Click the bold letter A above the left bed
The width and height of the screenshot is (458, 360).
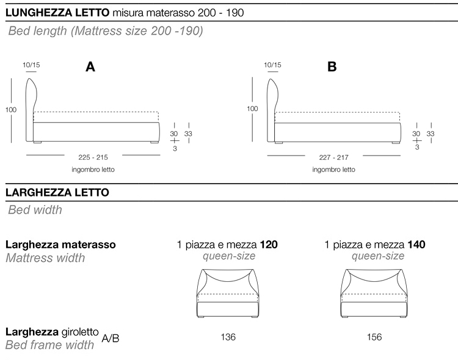[x=90, y=67]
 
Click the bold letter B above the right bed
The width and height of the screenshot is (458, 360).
[x=332, y=67]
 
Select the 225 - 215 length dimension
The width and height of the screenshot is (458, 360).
[x=93, y=157]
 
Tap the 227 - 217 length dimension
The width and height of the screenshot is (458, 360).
[x=334, y=157]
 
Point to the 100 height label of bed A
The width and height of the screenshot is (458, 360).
[x=11, y=110]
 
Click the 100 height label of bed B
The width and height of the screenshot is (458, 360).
[x=252, y=109]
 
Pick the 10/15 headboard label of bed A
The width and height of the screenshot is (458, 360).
[x=31, y=65]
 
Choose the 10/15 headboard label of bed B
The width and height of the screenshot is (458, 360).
[x=272, y=65]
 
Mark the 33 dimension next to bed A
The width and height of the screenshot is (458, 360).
[x=189, y=134]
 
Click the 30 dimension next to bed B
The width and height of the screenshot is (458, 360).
[x=416, y=134]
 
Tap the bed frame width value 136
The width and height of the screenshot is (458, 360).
[x=228, y=337]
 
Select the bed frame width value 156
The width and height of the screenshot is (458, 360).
[x=374, y=337]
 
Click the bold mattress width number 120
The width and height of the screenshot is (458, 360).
[x=269, y=245]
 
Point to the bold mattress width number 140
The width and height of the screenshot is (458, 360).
[x=416, y=245]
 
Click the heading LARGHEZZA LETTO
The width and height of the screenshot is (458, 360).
[x=57, y=192]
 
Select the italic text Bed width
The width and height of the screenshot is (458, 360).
[x=35, y=210]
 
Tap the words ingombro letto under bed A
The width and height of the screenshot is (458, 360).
[x=93, y=170]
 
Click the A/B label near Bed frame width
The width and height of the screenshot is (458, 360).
[x=111, y=339]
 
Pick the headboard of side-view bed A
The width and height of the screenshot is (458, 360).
[x=32, y=110]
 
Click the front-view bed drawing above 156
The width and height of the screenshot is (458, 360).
[x=374, y=293]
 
